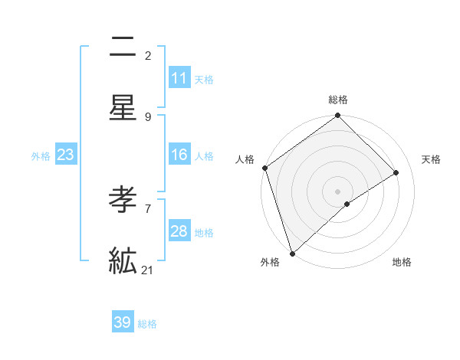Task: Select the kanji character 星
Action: click(x=123, y=109)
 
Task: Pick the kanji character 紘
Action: click(x=123, y=261)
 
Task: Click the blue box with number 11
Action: click(x=179, y=78)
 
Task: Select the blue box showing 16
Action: click(x=179, y=155)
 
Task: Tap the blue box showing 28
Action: click(x=179, y=231)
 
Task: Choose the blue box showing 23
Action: click(x=66, y=155)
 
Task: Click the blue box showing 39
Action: click(x=123, y=322)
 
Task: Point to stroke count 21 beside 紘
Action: click(x=148, y=270)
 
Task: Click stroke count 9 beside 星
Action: click(x=148, y=116)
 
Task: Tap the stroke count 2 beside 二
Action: click(x=148, y=55)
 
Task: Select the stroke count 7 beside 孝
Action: click(x=148, y=208)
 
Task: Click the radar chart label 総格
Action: click(x=338, y=100)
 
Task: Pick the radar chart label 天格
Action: click(x=431, y=159)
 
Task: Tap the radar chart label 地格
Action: click(x=402, y=262)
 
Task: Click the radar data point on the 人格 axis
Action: click(x=264, y=168)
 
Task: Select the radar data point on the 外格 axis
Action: click(x=291, y=253)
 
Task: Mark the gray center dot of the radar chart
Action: click(x=338, y=191)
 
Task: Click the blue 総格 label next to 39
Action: click(x=147, y=324)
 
